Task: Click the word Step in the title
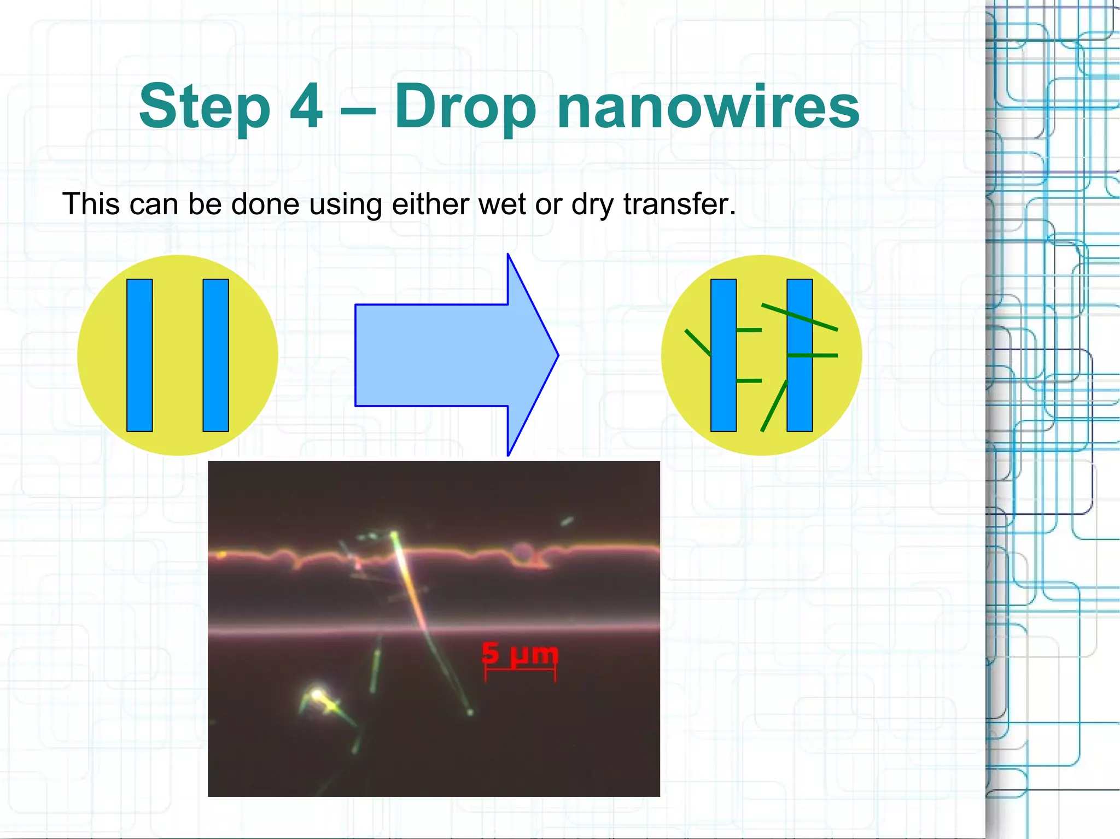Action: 205,107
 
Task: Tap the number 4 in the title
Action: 305,105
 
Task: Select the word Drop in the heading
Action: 465,107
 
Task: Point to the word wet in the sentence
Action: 503,204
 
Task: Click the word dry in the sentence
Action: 593,205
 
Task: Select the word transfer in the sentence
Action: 679,204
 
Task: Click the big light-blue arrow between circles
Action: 448,355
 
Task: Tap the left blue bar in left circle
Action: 139,355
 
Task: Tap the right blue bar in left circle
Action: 215,355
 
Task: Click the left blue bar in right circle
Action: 723,355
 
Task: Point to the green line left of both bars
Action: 697,343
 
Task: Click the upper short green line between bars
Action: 749,330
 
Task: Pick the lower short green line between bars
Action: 749,380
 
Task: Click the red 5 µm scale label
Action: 520,654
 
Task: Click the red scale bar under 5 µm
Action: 520,672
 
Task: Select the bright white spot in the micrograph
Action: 317,695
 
